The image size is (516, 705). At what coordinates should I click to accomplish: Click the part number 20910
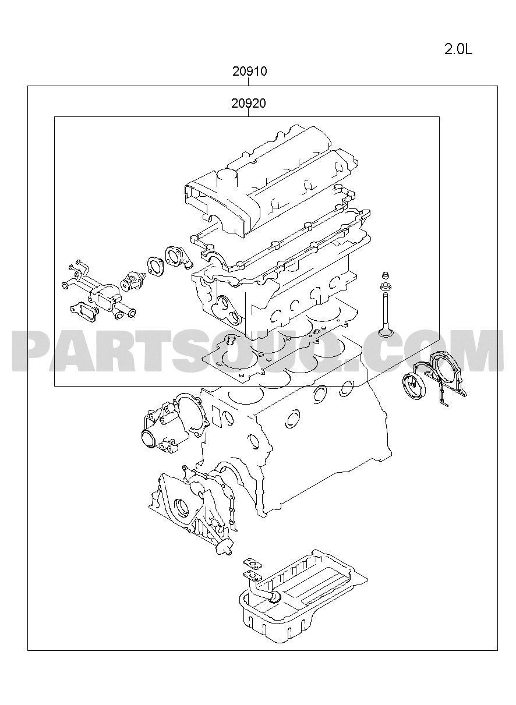(249, 72)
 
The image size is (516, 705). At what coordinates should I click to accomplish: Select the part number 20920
(249, 103)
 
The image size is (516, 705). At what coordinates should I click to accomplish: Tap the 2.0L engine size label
(458, 49)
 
